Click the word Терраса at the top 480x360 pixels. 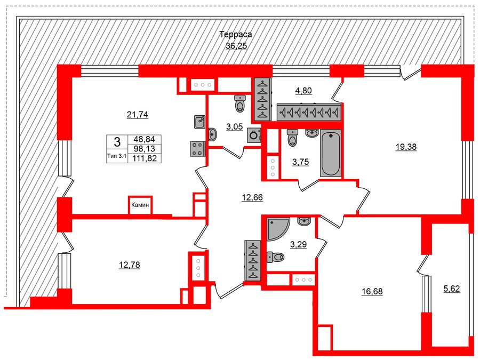click(x=235, y=35)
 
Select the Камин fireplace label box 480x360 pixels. click(x=140, y=205)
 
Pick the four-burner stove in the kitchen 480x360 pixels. click(x=197, y=148)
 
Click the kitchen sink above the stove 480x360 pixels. click(x=199, y=122)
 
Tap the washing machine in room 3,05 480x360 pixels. click(x=254, y=135)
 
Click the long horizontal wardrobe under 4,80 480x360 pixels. click(x=309, y=112)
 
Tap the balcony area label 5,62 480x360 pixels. click(x=452, y=289)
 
